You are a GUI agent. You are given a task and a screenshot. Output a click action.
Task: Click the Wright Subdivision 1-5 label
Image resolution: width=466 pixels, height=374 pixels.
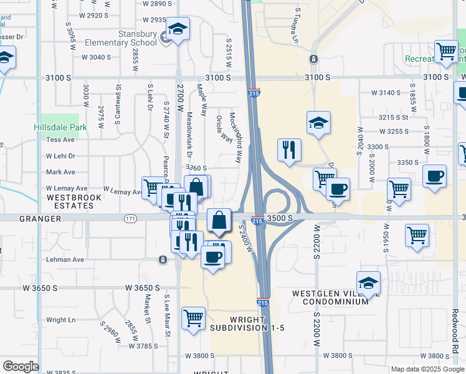247,324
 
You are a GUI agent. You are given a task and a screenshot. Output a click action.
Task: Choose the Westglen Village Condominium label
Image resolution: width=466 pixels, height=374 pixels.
336,297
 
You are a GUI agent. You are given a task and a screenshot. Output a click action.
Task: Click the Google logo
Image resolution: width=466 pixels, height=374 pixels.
20,367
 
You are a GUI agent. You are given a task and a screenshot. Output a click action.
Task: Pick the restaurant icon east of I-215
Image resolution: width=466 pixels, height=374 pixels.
288,149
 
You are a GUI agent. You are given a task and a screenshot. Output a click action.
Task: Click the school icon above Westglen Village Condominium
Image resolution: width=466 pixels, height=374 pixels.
368,282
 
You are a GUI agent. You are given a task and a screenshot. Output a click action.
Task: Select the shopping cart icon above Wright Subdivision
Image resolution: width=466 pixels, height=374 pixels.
194,317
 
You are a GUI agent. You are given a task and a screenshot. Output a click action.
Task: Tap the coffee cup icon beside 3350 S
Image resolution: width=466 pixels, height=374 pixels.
434,175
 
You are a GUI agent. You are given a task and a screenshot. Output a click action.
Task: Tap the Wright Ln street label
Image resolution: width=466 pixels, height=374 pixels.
61,320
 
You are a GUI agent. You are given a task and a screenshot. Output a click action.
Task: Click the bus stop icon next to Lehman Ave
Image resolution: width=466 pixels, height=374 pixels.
163,259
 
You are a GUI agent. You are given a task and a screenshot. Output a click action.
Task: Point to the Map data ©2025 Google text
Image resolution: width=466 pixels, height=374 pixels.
426,369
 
